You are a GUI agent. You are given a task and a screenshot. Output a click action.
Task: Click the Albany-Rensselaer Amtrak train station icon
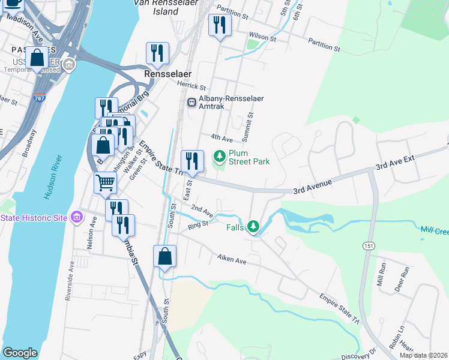tap(192, 102)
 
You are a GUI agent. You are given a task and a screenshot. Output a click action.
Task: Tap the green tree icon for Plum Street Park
tap(220, 157)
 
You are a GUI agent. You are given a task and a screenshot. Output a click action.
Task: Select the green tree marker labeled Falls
tap(254, 227)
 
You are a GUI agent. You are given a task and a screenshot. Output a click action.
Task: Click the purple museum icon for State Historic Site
tap(76, 217)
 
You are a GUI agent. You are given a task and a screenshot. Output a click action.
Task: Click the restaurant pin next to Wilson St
tap(219, 25)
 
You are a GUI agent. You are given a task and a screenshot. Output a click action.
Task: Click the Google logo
tap(20, 353)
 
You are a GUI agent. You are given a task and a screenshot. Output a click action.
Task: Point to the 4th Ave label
tap(222, 138)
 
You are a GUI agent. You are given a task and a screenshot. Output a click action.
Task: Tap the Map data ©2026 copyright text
tap(423, 355)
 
